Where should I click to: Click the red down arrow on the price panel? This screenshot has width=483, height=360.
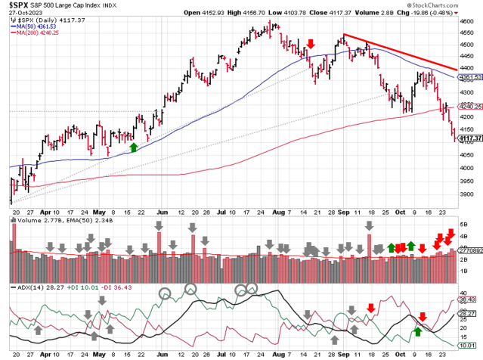pyautogui.click(x=311, y=48)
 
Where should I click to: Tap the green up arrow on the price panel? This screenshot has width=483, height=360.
pyautogui.click(x=133, y=147)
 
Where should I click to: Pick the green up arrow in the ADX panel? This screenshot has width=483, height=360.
pyautogui.click(x=416, y=331)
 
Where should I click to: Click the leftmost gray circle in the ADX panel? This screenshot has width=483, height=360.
pyautogui.click(x=165, y=292)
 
